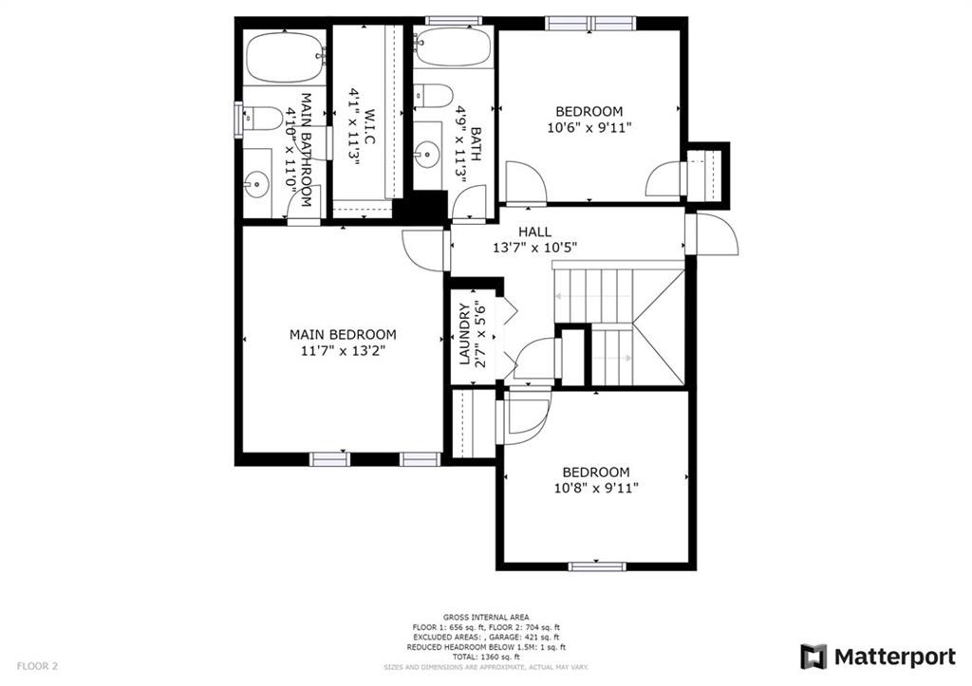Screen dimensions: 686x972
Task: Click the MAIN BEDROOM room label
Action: pyautogui.click(x=343, y=335)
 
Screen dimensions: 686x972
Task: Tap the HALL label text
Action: pyautogui.click(x=534, y=232)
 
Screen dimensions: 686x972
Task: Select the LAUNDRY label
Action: pyautogui.click(x=465, y=334)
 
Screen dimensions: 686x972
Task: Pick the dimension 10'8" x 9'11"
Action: pyautogui.click(x=595, y=488)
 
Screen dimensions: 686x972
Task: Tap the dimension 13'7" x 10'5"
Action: pyautogui.click(x=534, y=247)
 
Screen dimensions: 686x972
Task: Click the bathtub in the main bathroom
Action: pyautogui.click(x=284, y=58)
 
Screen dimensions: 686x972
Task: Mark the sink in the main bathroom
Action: pyautogui.click(x=256, y=184)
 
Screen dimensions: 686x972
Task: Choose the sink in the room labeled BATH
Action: pyautogui.click(x=428, y=152)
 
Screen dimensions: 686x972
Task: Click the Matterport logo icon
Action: pyautogui.click(x=813, y=657)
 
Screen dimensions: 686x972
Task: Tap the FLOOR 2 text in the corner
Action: pyautogui.click(x=37, y=666)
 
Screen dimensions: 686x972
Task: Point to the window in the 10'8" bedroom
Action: pyautogui.click(x=596, y=566)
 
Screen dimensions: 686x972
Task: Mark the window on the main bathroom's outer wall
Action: pyautogui.click(x=239, y=120)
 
